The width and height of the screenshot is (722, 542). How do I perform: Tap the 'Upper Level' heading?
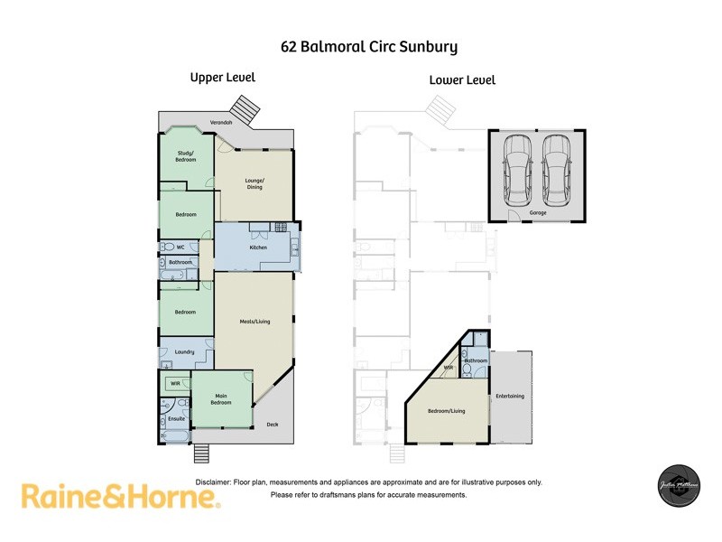pyautogui.click(x=222, y=78)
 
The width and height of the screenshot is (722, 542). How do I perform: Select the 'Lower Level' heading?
pyautogui.click(x=462, y=80)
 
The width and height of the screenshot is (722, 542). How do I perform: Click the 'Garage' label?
pyautogui.click(x=539, y=214)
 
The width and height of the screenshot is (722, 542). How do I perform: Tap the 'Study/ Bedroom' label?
pyautogui.click(x=186, y=156)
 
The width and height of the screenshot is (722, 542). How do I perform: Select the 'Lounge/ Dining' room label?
pyautogui.click(x=255, y=183)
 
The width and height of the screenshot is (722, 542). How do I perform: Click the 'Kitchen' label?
pyautogui.click(x=258, y=247)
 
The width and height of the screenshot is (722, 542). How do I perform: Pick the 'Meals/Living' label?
pyautogui.click(x=255, y=321)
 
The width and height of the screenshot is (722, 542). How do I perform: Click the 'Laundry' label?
pyautogui.click(x=186, y=351)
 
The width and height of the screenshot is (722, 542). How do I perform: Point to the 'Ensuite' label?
pyautogui.click(x=176, y=419)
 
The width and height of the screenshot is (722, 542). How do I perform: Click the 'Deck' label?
pyautogui.click(x=273, y=425)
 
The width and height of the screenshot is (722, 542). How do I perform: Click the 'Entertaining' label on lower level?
pyautogui.click(x=510, y=397)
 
